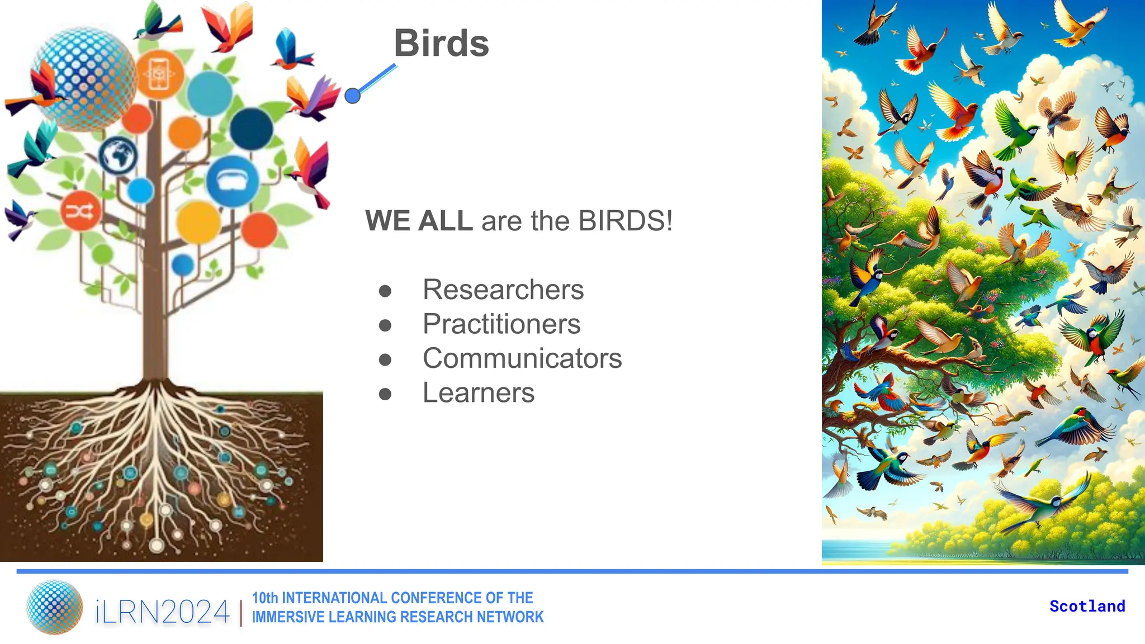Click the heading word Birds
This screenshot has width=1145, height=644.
point(441,43)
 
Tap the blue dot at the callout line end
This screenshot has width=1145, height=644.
point(352,96)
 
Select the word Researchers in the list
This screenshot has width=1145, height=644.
point(503,290)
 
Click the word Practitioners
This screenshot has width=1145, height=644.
point(501,324)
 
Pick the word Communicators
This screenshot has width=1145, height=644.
point(522,358)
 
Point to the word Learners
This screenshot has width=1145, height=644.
point(478,393)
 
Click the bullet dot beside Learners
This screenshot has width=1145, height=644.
point(385,394)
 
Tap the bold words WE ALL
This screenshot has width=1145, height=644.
point(419,221)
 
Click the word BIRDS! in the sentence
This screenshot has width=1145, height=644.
point(626,221)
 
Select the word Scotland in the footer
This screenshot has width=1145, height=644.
point(1087,606)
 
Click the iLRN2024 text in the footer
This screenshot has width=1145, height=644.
point(162,612)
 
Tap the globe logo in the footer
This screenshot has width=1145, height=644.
point(54,607)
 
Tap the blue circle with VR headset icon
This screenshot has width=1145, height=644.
point(232,181)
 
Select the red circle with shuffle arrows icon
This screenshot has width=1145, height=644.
point(81,211)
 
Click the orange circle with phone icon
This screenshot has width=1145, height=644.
point(159,74)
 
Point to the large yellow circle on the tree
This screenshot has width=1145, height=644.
point(198,222)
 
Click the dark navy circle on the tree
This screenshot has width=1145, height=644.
point(252,128)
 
